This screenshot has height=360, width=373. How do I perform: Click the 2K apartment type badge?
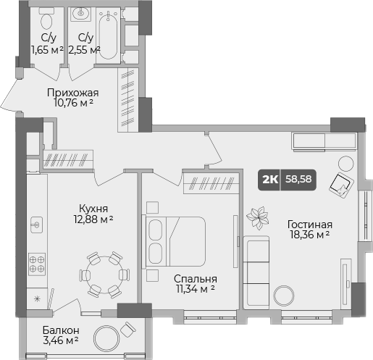[271, 179]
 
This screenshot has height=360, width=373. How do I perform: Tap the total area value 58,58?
[300, 179]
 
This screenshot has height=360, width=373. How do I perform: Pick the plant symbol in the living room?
[257, 216]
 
